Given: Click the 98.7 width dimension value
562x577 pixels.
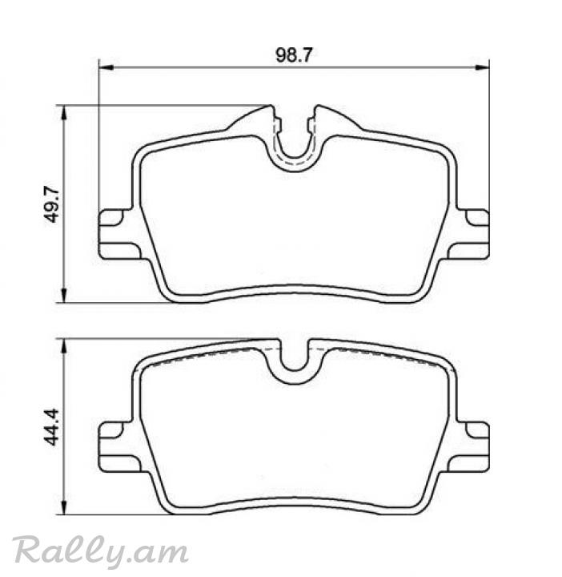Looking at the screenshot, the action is pos(294,55).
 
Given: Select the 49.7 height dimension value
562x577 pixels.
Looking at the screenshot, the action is pos(52,204).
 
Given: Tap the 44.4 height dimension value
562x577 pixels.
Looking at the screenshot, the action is pos(51,427).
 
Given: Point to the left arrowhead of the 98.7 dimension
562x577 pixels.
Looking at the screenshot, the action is pos(106,67).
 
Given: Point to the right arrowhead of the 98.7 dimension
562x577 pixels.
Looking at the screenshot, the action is pos(482,67).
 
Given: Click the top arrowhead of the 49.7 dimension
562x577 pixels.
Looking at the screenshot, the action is pos(65,113).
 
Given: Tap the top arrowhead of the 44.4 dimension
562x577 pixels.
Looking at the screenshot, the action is pos(65,346).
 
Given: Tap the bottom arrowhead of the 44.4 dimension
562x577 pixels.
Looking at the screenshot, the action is pos(65,507).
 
